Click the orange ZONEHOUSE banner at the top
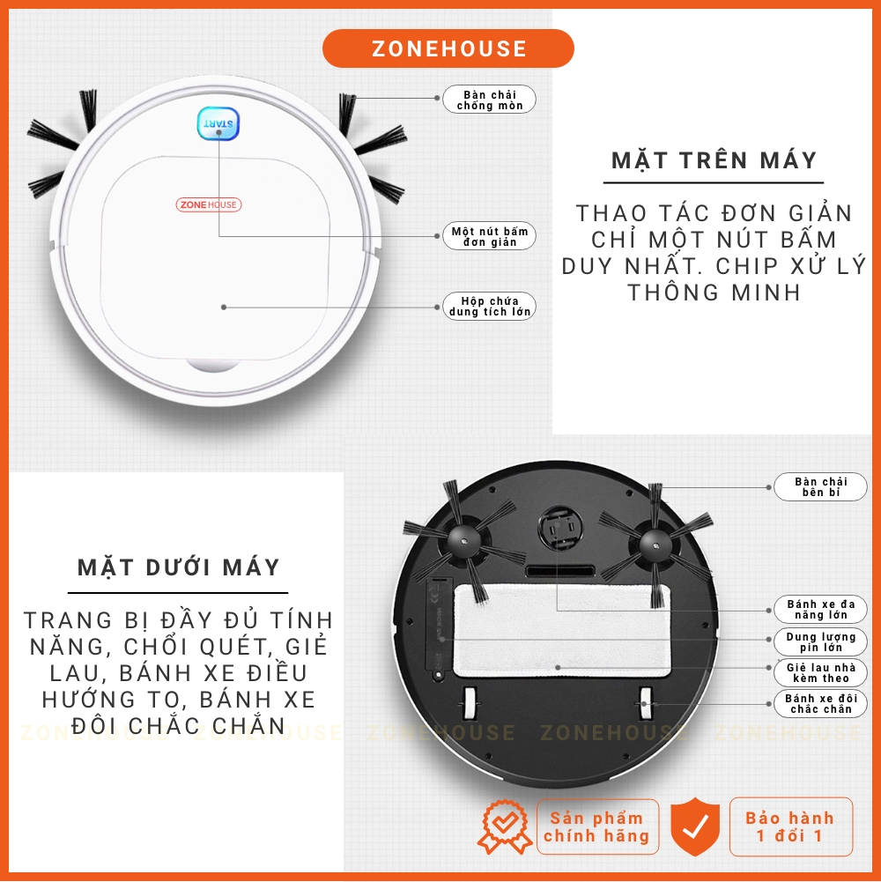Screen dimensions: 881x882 coord(448,48)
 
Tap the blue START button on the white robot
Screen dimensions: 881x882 coord(218,123)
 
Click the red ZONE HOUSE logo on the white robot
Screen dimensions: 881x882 coord(209,204)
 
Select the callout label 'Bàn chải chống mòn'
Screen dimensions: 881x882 coord(490,100)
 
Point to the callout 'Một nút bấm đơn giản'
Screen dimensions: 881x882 coord(490,236)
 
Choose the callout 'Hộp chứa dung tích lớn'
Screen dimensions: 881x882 coord(490,307)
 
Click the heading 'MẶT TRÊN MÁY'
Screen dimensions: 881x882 coord(714,160)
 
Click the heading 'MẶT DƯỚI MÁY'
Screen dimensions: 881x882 coord(178,567)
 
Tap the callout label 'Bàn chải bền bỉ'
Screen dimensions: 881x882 coord(821,487)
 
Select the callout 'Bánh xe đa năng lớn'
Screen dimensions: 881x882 coord(821,610)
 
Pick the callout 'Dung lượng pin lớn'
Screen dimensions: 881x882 coord(821,641)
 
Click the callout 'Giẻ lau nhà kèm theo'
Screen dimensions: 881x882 coord(821,673)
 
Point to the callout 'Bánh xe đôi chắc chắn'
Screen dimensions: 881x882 coord(821,704)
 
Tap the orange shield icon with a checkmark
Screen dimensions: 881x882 coord(695,826)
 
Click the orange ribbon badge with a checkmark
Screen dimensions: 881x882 coord(505,826)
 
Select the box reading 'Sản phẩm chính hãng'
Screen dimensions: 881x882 coord(597,826)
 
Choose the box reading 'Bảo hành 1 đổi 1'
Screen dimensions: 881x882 coord(790,826)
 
